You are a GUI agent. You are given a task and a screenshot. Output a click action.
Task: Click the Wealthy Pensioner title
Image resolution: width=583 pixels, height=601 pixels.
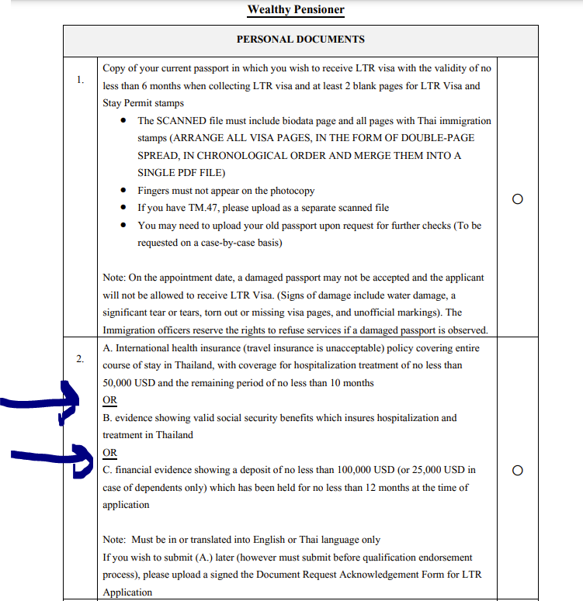296,9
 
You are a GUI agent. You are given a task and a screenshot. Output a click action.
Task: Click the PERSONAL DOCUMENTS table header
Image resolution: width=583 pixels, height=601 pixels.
300,39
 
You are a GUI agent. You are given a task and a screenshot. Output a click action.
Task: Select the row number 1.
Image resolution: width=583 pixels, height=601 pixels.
80,79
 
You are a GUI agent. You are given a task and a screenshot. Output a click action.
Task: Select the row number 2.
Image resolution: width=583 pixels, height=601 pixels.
80,358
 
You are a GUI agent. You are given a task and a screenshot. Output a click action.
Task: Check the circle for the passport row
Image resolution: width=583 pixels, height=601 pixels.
518,199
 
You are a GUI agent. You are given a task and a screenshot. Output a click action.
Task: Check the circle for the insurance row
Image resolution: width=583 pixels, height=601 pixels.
518,470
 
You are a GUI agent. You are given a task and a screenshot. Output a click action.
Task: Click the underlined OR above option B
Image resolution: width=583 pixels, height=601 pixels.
109,400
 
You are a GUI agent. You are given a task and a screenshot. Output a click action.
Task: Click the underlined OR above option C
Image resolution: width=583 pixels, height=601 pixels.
109,452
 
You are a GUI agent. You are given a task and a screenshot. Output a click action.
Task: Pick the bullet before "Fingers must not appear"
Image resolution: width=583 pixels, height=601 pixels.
125,191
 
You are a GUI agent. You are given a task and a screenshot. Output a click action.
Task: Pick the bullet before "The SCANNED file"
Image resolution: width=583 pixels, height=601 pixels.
125,121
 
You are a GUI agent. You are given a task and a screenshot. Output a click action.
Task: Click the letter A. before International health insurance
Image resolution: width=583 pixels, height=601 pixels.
108,348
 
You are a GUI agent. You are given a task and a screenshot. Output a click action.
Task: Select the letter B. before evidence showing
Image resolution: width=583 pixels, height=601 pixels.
107,418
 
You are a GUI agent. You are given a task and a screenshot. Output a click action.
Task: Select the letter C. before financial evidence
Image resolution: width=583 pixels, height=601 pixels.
107,470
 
